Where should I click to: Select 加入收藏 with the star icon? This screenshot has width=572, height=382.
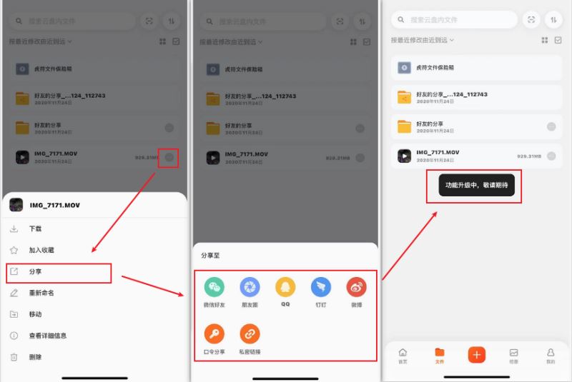tap(41, 250)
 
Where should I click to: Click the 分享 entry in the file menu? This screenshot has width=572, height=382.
tap(36, 272)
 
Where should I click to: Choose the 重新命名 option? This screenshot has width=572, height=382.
tap(41, 293)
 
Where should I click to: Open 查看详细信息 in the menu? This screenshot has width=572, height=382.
tap(47, 336)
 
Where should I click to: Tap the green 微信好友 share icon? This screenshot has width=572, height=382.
tap(214, 288)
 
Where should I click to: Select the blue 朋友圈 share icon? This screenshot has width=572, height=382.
tap(250, 288)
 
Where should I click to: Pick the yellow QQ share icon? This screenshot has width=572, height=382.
tap(285, 288)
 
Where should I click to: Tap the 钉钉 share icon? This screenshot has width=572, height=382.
tap(321, 288)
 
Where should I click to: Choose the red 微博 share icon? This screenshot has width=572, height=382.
tap(356, 288)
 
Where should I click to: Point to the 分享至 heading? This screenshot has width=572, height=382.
tap(210, 255)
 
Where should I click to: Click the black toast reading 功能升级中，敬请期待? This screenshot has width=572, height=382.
tap(475, 185)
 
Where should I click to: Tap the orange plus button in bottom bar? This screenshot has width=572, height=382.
tap(477, 354)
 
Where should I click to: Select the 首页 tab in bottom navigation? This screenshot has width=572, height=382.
tap(403, 356)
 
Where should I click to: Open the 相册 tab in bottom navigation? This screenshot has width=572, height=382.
tap(513, 356)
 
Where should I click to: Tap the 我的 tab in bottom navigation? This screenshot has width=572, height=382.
tap(550, 356)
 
